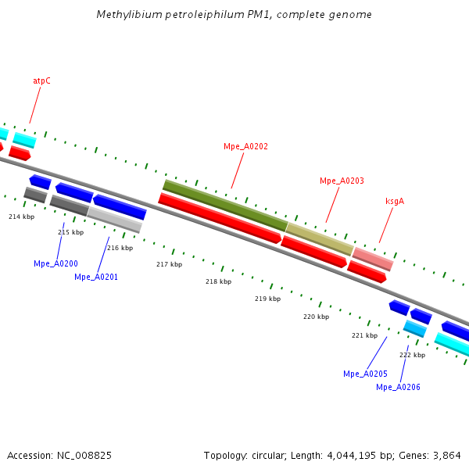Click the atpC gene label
point(41,81)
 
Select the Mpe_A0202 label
point(245,146)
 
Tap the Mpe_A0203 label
point(342,181)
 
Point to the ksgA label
point(394,201)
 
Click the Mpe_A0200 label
point(55,263)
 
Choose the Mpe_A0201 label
point(96,277)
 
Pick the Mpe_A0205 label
point(365,374)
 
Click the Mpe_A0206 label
point(398,387)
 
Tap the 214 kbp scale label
point(22,217)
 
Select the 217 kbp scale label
point(169,264)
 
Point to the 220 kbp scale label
point(316,317)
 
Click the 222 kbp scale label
point(412,355)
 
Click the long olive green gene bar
point(225,205)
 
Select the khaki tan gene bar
point(320,238)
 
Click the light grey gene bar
point(114,219)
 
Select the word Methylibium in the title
point(124,15)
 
